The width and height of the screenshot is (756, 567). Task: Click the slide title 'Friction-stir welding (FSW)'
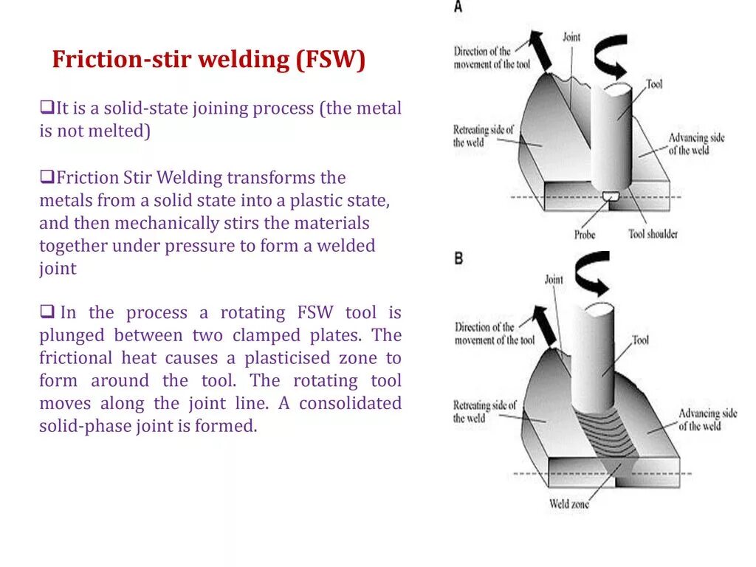[208, 60]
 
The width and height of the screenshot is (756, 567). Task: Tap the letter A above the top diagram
[458, 7]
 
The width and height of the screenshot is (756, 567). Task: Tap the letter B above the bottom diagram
[458, 258]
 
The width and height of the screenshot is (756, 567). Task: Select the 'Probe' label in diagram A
[585, 235]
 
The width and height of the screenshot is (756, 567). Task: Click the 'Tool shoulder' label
[653, 234]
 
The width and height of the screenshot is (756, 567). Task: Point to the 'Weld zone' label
[569, 504]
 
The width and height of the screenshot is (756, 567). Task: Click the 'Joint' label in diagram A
[571, 36]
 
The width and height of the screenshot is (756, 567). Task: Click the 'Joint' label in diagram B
[554, 280]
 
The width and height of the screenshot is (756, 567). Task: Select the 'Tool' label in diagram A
[654, 84]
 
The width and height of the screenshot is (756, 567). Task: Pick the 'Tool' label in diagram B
[641, 340]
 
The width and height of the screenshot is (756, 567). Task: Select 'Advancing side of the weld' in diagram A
[696, 144]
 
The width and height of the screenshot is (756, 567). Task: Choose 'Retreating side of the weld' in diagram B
[484, 412]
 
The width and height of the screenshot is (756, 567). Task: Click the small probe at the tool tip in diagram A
[611, 196]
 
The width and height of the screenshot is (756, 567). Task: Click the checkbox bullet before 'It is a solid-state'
[45, 109]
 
